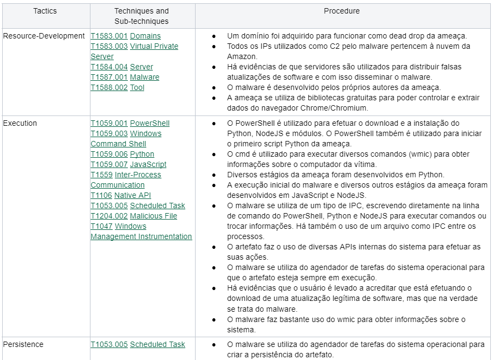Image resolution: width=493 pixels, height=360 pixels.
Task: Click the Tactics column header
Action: (x=45, y=11)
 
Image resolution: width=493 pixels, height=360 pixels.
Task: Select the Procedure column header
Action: (x=341, y=11)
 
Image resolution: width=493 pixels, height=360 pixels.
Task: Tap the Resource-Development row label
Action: (x=44, y=36)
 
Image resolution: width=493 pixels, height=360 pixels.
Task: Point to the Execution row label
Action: (x=20, y=123)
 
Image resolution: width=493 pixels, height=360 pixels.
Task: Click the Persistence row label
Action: (x=23, y=344)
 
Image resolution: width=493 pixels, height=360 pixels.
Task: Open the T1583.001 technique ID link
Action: (x=109, y=36)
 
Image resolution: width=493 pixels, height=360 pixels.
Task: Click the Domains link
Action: (x=145, y=36)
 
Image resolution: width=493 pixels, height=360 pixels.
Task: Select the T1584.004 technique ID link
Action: (x=109, y=67)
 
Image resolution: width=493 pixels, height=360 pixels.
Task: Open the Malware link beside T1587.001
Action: (x=145, y=77)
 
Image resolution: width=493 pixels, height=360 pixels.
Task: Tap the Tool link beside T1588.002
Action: (x=137, y=87)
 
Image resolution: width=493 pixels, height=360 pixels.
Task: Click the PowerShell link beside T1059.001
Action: (x=150, y=123)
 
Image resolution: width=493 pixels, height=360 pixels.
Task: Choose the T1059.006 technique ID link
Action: (x=109, y=154)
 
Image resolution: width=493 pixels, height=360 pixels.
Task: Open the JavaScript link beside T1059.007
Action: (x=148, y=164)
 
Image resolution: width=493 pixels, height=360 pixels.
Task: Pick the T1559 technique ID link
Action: (x=101, y=175)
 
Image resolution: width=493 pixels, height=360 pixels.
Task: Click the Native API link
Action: (x=133, y=195)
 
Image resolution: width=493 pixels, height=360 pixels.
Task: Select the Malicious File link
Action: (x=153, y=216)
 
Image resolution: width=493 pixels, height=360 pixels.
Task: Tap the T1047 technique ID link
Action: (x=101, y=226)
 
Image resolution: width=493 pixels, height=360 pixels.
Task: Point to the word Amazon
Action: (x=242, y=56)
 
